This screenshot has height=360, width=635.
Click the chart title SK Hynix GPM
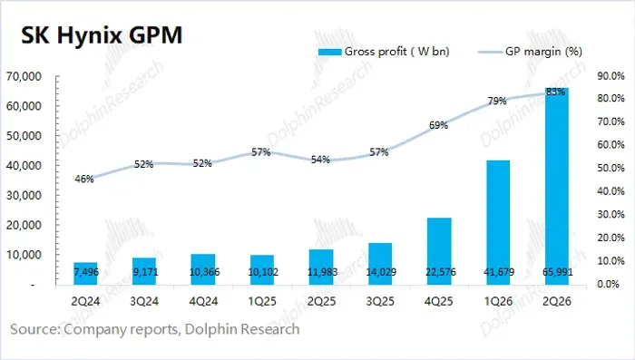(x=102, y=35)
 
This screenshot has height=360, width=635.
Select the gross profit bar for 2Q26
(x=557, y=186)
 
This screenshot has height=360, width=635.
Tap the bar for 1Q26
(x=498, y=222)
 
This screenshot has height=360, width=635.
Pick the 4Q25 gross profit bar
(x=439, y=251)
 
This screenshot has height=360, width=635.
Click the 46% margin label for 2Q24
(x=84, y=179)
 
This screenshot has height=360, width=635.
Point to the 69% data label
(x=438, y=125)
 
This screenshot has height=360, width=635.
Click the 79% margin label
(x=497, y=101)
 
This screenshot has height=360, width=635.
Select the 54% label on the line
(x=320, y=160)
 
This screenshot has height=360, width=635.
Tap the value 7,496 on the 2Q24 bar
(x=86, y=272)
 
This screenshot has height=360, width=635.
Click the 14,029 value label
(x=381, y=272)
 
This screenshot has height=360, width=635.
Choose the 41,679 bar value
(x=499, y=272)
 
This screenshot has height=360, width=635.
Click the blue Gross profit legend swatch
(x=330, y=52)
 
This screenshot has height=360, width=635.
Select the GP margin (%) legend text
(x=544, y=52)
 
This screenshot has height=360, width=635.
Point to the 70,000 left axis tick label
(x=24, y=76)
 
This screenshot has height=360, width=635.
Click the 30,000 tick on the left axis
(x=24, y=195)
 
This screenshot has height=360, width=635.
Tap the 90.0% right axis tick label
(x=611, y=76)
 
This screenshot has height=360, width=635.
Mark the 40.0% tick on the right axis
(x=611, y=191)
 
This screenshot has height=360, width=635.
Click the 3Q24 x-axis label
(x=144, y=301)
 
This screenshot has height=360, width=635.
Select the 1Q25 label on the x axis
(x=262, y=301)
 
